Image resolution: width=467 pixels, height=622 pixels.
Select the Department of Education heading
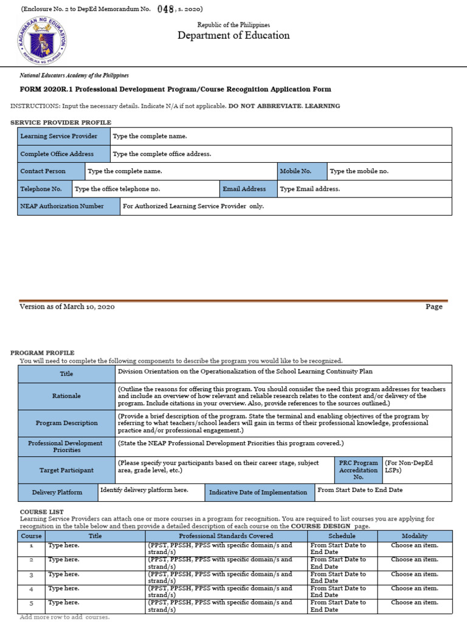point(233,35)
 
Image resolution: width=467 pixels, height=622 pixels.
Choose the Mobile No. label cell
point(302,171)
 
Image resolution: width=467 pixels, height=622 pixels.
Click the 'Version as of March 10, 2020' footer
point(67,307)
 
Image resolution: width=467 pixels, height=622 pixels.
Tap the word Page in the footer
point(434,307)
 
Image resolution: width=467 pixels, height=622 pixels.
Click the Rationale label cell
point(66,395)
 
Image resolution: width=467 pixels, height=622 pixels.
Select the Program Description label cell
point(66,423)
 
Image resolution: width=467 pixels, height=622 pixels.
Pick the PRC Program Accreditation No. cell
point(358,470)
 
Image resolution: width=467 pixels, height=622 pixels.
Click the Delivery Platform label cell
point(57,492)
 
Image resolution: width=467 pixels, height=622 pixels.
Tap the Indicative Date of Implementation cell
point(259,492)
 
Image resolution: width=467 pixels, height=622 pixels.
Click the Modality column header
point(415,536)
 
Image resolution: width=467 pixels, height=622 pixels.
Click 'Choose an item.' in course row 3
point(415,574)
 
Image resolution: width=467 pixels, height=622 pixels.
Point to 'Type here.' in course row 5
point(64,603)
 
